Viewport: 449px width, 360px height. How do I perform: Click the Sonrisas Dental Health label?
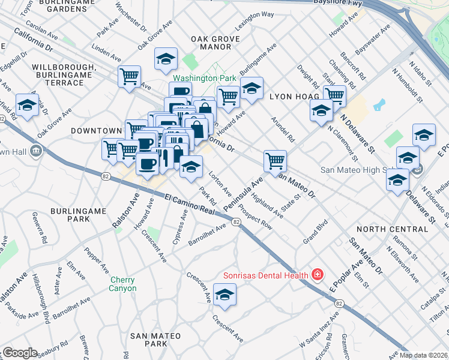(265, 276)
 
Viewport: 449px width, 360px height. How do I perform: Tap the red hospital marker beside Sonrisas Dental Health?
(318, 275)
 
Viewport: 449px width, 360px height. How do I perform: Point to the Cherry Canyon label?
(123, 284)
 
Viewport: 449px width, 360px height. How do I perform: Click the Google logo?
(20, 353)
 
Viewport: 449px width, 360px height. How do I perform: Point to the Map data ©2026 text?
(423, 355)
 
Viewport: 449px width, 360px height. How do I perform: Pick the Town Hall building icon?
(35, 149)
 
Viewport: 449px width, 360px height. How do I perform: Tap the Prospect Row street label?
(255, 217)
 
